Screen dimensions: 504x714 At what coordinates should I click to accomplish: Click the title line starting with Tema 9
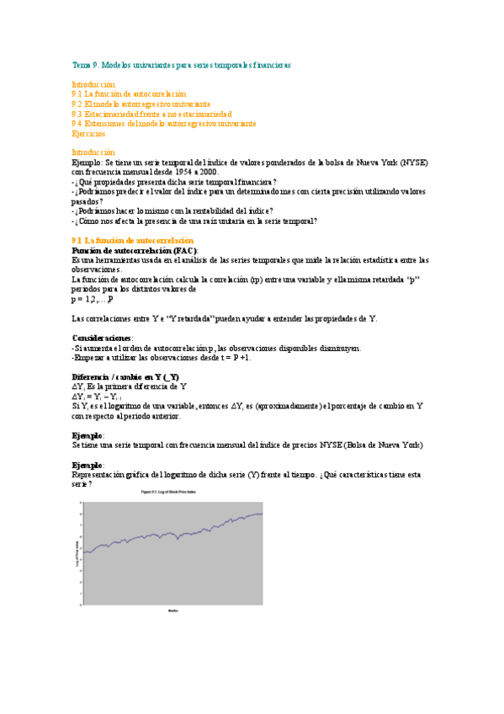pyautogui.click(x=181, y=64)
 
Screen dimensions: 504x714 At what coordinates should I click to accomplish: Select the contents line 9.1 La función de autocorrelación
pyautogui.click(x=129, y=93)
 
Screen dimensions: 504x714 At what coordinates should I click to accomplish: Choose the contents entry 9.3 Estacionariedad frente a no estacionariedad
pyautogui.click(x=151, y=114)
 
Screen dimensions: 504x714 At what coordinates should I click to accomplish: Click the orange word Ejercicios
pyautogui.click(x=88, y=133)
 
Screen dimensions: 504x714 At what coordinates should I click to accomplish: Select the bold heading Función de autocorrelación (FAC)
pyautogui.click(x=135, y=251)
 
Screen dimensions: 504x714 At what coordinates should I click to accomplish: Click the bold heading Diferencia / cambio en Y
pyautogui.click(x=125, y=376)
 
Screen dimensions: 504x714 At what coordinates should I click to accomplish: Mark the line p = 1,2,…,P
pyautogui.click(x=92, y=299)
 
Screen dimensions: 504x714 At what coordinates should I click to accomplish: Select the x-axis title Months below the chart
pyautogui.click(x=172, y=610)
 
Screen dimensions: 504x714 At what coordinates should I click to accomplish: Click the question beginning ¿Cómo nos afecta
pyautogui.click(x=195, y=221)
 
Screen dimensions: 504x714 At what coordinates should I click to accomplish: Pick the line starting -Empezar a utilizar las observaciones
pyautogui.click(x=162, y=357)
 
